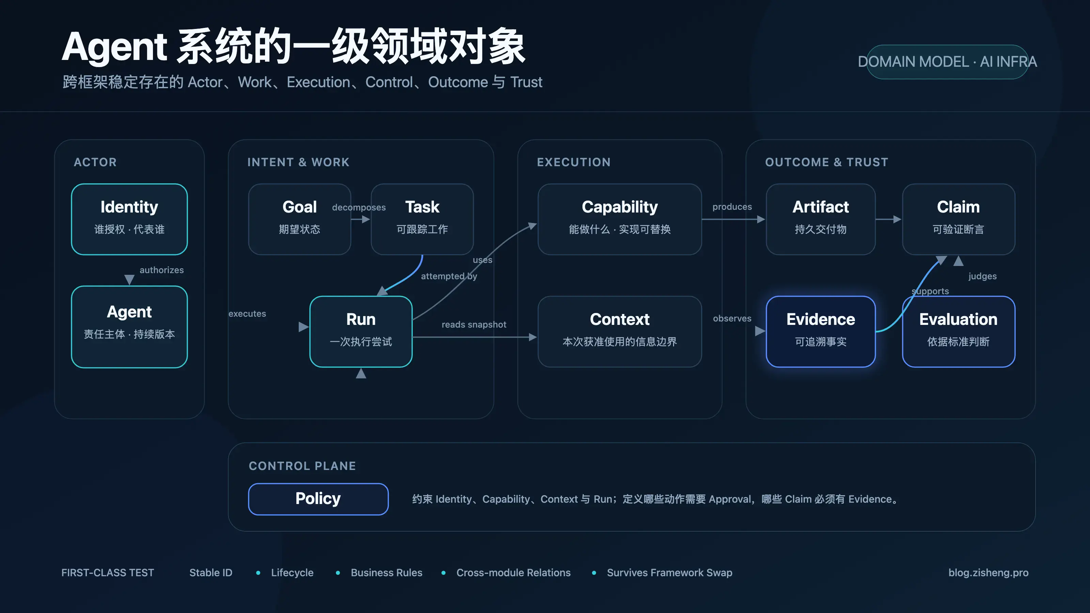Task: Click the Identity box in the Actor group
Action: [129, 219]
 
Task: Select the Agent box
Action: [129, 327]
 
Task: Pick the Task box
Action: [422, 219]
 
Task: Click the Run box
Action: [361, 332]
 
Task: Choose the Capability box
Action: [620, 219]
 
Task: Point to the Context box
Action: [620, 332]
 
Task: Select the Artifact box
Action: [821, 219]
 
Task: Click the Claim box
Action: [959, 219]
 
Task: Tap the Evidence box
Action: [821, 332]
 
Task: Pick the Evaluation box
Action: [959, 332]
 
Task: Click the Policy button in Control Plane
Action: [318, 499]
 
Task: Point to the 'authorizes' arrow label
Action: [162, 270]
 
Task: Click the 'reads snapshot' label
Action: [474, 325]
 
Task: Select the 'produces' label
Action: [732, 207]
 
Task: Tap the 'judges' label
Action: [982, 276]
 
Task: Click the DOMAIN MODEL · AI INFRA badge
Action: [947, 62]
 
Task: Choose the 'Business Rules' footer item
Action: [386, 572]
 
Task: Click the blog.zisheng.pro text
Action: [988, 572]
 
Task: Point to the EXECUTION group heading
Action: [574, 162]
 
